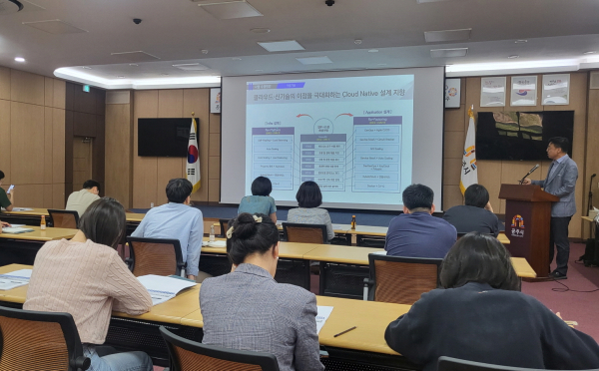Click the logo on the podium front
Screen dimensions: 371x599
(x=517, y=225)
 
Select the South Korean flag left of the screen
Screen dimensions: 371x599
(x=193, y=154)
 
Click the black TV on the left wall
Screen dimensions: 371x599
(x=162, y=137)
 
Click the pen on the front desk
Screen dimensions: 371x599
(x=344, y=331)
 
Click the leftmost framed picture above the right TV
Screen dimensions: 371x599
(x=492, y=92)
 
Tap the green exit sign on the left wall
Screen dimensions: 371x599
(x=86, y=88)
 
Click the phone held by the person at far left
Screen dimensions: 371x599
(x=10, y=188)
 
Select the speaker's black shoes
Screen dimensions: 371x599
(x=560, y=274)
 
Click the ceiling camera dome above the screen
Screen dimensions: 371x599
(x=329, y=3)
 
